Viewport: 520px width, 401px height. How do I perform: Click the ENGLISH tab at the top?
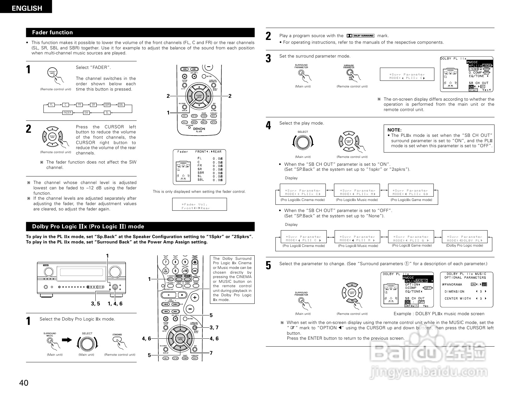27,8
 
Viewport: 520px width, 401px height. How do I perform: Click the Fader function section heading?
52,32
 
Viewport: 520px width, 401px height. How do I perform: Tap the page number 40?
24,383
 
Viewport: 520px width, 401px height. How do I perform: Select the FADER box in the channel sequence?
68,113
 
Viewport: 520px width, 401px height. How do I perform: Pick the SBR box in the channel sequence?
107,105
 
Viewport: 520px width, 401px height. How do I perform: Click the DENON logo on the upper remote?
199,129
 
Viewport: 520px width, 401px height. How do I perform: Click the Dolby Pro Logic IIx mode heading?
88,226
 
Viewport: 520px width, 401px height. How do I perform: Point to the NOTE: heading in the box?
394,130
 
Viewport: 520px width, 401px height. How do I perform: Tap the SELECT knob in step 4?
303,142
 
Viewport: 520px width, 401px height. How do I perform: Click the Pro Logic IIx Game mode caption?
411,200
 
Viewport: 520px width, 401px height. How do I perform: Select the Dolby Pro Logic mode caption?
464,245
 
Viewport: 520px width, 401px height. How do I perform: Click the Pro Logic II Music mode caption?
358,246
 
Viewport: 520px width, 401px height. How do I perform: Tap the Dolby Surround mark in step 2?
360,36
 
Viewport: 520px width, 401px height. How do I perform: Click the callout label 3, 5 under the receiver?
95,304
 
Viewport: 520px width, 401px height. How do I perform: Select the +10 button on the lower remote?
185,270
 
